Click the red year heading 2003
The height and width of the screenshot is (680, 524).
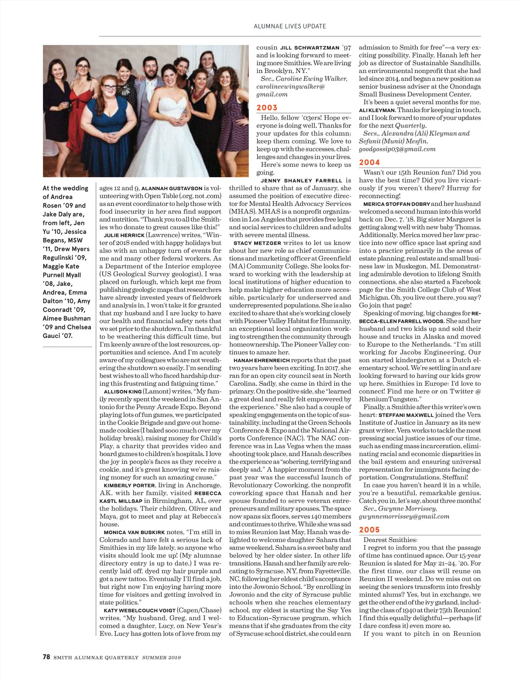(x=267, y=108)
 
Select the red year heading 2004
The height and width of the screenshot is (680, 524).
(x=369, y=162)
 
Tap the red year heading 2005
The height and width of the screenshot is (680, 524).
(x=369, y=530)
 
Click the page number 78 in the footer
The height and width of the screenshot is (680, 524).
(x=46, y=657)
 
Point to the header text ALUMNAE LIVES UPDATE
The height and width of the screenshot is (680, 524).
(x=290, y=26)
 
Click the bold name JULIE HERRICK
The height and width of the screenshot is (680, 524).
(x=124, y=235)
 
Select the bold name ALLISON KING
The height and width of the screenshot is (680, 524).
(x=123, y=392)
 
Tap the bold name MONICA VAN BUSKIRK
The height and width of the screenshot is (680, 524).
(x=134, y=532)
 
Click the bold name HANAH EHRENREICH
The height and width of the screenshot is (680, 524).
(x=261, y=361)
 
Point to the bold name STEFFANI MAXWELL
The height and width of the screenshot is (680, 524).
(x=406, y=416)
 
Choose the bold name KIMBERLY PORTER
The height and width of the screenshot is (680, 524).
(x=129, y=485)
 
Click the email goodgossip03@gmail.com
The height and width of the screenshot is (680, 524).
(x=397, y=149)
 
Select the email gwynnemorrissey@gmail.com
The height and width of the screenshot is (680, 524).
(x=404, y=517)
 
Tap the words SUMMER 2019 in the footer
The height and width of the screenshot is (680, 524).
(x=161, y=657)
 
